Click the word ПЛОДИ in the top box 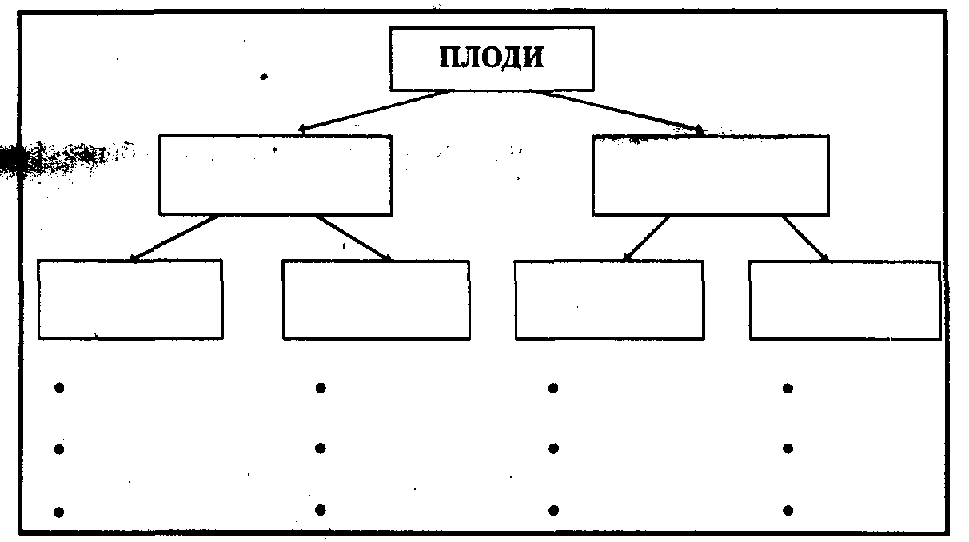492,58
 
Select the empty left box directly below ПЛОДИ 275,175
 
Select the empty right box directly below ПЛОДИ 710,175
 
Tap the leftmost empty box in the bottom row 130,299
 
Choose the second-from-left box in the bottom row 376,299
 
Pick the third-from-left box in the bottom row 609,299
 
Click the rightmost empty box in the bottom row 844,299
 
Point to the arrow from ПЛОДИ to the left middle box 376,110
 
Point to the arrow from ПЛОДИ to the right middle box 620,110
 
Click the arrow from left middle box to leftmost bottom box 174,237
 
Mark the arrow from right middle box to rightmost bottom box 805,237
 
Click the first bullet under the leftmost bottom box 58,389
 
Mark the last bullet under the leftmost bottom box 58,511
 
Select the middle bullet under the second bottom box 321,448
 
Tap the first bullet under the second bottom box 321,389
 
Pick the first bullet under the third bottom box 553,389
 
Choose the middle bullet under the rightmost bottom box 788,449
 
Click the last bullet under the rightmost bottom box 788,510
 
